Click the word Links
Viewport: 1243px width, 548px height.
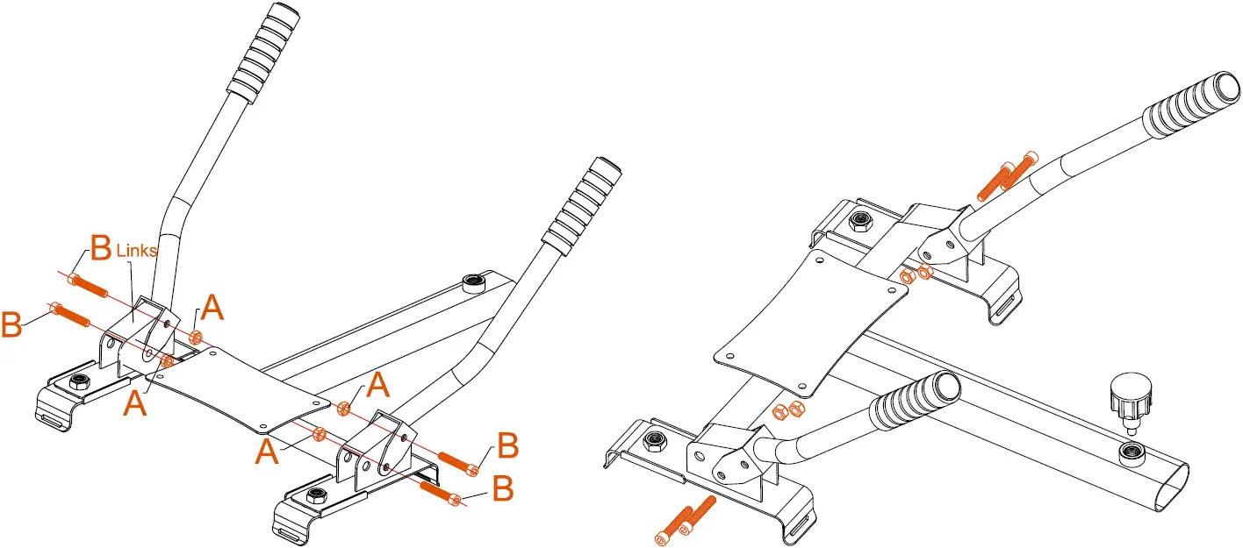(x=136, y=251)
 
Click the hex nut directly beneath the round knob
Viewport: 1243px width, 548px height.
(x=1132, y=452)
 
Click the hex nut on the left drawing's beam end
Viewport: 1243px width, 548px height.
(x=474, y=282)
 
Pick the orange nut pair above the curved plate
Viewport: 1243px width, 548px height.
(x=916, y=274)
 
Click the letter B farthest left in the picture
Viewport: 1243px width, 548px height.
(x=12, y=324)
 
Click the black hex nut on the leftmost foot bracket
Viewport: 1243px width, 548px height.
(x=79, y=381)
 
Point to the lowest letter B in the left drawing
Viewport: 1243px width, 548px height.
(x=502, y=488)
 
